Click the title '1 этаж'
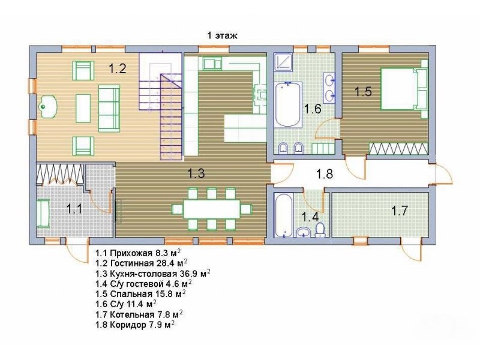tap(222, 35)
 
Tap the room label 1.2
tap(118, 68)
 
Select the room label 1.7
tap(400, 211)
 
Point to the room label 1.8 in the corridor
tap(325, 174)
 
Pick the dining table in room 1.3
tap(212, 209)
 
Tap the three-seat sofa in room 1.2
tap(109, 109)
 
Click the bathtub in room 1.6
tap(288, 104)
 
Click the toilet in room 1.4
tap(320, 230)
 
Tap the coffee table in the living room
tap(83, 109)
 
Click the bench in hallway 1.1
tap(43, 214)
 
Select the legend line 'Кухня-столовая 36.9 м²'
tap(153, 274)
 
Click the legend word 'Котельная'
tap(131, 314)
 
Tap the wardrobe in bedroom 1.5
tap(398, 149)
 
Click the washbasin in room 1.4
tap(304, 233)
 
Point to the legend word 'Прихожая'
tap(131, 253)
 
